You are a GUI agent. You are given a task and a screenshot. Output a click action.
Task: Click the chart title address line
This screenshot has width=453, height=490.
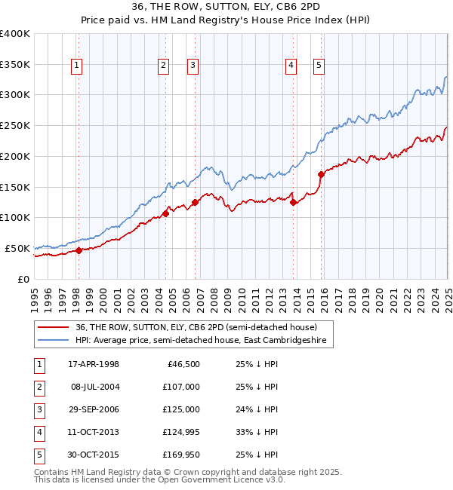(x=226, y=8)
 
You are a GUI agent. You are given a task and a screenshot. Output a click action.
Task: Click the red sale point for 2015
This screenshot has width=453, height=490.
(x=321, y=174)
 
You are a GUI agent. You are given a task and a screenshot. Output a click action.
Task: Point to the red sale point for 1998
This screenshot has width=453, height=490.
(x=79, y=250)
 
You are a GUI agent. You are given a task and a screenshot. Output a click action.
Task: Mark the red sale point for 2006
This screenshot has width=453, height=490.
(x=195, y=202)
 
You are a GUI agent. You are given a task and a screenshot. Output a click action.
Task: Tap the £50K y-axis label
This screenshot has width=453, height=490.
(x=17, y=248)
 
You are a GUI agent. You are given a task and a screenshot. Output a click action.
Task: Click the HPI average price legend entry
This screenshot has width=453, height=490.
(x=205, y=341)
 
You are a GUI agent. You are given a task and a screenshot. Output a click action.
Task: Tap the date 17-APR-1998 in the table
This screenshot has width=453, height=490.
(x=94, y=365)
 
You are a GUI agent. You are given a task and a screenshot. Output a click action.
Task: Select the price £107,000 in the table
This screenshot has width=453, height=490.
(x=182, y=387)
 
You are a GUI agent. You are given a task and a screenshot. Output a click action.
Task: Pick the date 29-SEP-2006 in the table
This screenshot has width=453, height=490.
(x=94, y=410)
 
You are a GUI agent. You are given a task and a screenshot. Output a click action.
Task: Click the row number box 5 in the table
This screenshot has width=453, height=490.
(x=38, y=455)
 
